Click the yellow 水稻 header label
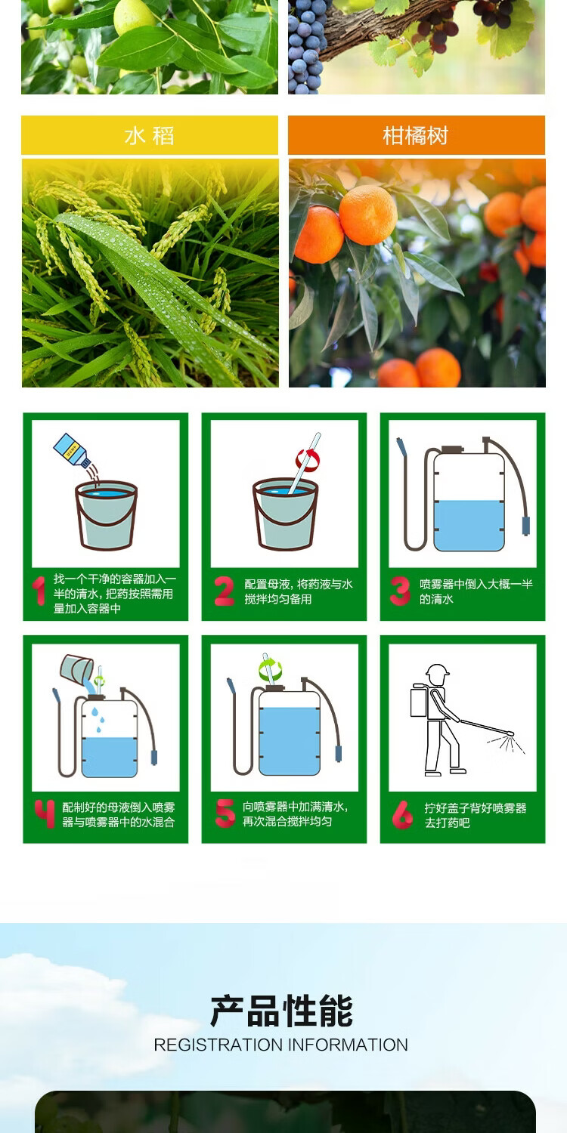tap(150, 135)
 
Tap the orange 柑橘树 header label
tap(416, 135)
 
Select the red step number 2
tap(225, 591)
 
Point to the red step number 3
tap(400, 591)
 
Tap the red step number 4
tap(45, 813)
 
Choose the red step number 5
tap(225, 813)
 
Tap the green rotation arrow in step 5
tap(271, 668)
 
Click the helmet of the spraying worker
tap(437, 671)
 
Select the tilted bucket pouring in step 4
tap(77, 668)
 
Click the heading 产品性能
tap(282, 1011)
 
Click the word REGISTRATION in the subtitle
tap(218, 1045)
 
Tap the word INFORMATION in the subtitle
tap(348, 1045)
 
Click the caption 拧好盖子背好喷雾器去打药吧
tap(476, 815)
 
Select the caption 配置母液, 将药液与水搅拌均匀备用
tap(299, 591)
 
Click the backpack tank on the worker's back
tap(420, 700)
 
